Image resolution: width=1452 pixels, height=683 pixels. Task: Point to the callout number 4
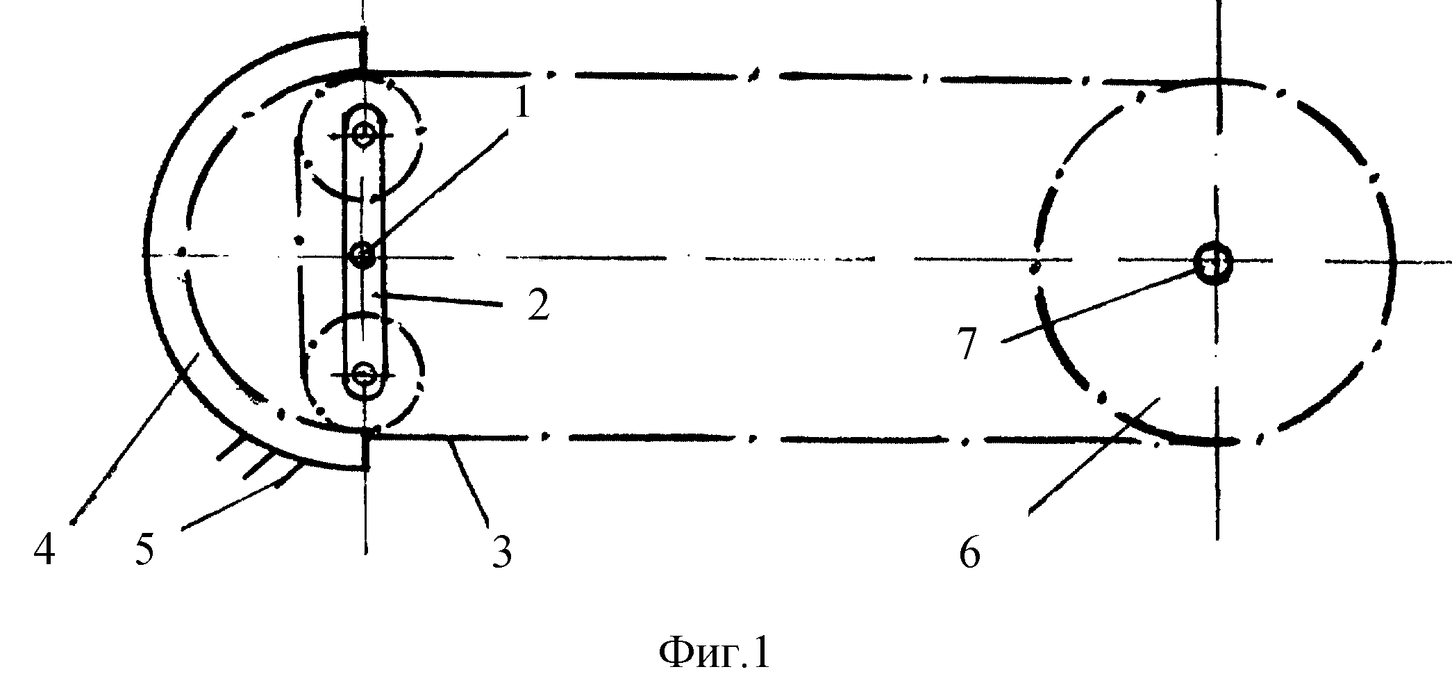coord(44,551)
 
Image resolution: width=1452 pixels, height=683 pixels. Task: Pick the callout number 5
coord(144,551)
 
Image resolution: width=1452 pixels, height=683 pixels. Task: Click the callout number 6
coord(969,552)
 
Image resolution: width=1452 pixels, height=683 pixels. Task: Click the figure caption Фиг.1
coord(715,653)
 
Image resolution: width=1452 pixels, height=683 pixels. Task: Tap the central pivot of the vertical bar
coord(362,256)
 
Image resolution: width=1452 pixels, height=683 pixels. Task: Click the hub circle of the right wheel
coord(1213,263)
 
